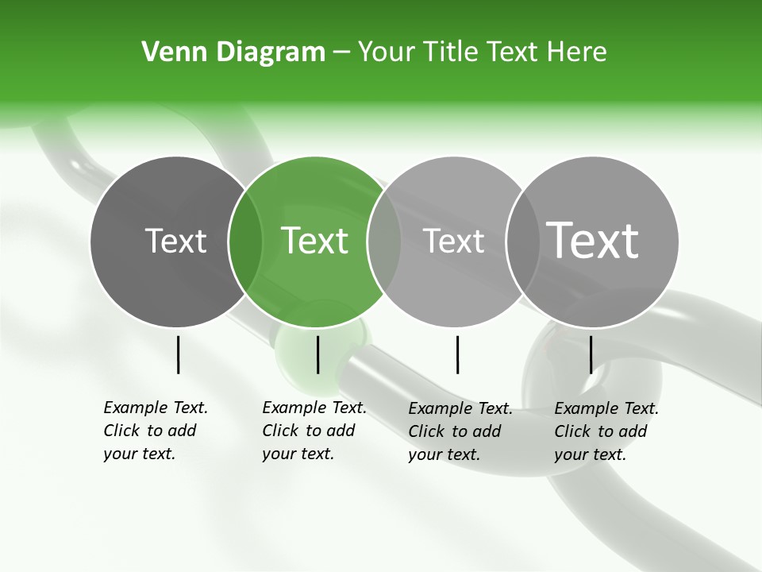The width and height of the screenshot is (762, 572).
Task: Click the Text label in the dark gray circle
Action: point(175,241)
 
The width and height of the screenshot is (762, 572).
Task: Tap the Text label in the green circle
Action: point(314,241)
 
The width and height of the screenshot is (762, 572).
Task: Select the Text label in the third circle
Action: point(454,241)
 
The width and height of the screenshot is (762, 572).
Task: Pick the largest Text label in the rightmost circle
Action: point(593,240)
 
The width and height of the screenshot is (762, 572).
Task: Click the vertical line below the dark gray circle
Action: point(178,354)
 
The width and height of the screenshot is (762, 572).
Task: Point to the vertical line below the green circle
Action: point(317,354)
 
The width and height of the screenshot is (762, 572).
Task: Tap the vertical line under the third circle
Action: point(457,354)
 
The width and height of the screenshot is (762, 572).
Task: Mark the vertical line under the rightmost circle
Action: point(591,354)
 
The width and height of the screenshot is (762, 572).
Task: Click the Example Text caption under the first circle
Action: point(155,431)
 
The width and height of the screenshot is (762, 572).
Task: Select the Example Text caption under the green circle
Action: point(314,431)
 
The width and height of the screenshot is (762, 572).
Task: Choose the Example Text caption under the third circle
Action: point(460,431)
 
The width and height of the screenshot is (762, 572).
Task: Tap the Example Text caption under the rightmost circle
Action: point(606,431)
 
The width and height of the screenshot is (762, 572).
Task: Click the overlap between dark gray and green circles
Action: point(246,241)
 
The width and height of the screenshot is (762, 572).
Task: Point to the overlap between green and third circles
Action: point(384,241)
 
